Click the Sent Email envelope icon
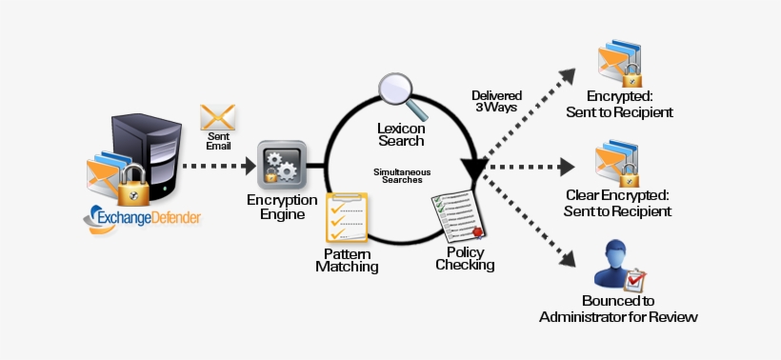click(x=218, y=118)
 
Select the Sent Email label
click(x=218, y=141)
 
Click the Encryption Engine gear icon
click(x=282, y=164)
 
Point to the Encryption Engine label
click(x=282, y=207)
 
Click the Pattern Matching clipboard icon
click(x=347, y=218)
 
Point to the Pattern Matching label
click(x=347, y=260)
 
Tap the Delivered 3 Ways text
click(x=495, y=101)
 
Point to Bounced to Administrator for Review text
click(x=618, y=308)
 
